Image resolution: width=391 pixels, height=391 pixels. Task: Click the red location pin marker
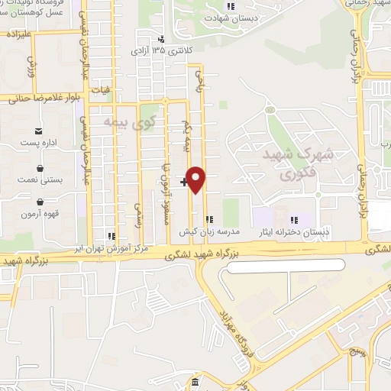(x=197, y=180)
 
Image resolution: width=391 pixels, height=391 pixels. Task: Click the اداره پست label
(x=38, y=144)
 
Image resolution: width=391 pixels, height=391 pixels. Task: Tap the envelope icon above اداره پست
(x=39, y=132)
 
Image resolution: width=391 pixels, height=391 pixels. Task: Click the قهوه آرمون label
(x=39, y=214)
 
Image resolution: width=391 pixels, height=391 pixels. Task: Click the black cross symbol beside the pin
(x=184, y=182)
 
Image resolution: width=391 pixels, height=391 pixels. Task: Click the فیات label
(x=100, y=90)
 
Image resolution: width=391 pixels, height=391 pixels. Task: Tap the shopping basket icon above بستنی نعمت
(x=39, y=167)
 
